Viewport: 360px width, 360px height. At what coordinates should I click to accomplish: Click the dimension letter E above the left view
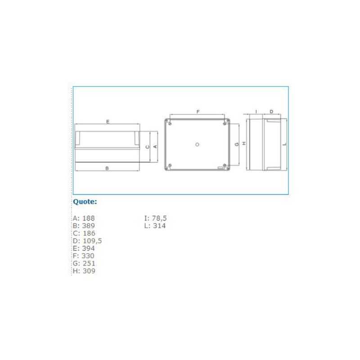click(x=107, y=121)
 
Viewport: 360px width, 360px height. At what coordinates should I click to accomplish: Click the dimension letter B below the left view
click(x=107, y=168)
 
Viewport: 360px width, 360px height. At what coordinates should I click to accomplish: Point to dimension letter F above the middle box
click(x=198, y=111)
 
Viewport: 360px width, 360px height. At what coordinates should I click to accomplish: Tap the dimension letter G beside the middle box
click(x=236, y=144)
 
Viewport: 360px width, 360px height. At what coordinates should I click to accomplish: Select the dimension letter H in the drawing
click(x=243, y=144)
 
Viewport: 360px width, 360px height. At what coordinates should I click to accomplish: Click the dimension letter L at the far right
click(x=285, y=144)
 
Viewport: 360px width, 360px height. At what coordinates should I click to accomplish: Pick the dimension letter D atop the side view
click(x=271, y=111)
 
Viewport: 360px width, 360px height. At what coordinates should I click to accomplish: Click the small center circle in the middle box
click(x=197, y=144)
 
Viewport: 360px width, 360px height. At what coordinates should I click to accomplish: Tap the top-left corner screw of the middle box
click(x=169, y=122)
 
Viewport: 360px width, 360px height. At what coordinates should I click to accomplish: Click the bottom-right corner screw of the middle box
click(x=225, y=166)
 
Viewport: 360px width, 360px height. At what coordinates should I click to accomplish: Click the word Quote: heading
click(x=85, y=202)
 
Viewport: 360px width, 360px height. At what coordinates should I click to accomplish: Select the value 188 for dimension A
click(x=89, y=218)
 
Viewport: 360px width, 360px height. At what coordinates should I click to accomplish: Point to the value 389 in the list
click(x=89, y=225)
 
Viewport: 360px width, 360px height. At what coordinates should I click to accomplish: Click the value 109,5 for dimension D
click(x=92, y=241)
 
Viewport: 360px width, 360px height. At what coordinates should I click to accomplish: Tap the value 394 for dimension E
click(x=89, y=248)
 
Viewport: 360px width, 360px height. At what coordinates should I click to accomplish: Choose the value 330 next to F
click(x=88, y=256)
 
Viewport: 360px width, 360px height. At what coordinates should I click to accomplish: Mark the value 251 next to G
click(x=89, y=263)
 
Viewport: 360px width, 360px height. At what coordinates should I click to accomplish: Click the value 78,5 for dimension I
click(x=159, y=218)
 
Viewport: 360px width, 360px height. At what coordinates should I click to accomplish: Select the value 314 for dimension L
click(x=159, y=225)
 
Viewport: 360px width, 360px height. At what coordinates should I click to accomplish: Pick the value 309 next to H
click(x=89, y=271)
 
